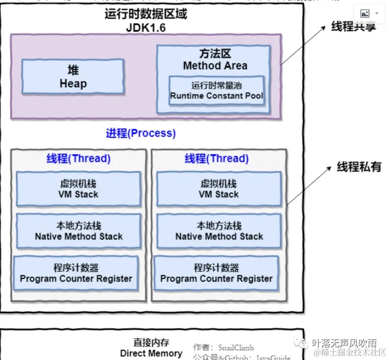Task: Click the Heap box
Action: pos(73,77)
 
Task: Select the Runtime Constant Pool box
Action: pos(216,90)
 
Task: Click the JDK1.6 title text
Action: pos(145,27)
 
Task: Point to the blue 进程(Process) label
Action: pos(141,133)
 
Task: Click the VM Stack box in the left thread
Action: pos(78,189)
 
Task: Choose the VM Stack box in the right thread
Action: pos(219,189)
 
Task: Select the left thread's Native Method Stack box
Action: pos(79,231)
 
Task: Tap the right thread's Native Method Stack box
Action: pos(219,231)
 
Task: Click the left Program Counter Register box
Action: pos(76,273)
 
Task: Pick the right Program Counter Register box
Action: pos(216,273)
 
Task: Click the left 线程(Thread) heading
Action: pos(78,159)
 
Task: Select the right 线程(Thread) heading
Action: pos(216,159)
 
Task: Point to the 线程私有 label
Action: pos(359,167)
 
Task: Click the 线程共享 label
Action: pos(354,27)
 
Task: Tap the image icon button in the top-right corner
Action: pos(369,14)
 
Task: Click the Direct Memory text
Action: pos(151,353)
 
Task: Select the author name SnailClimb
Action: pos(236,347)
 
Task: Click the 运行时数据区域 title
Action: pos(145,14)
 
